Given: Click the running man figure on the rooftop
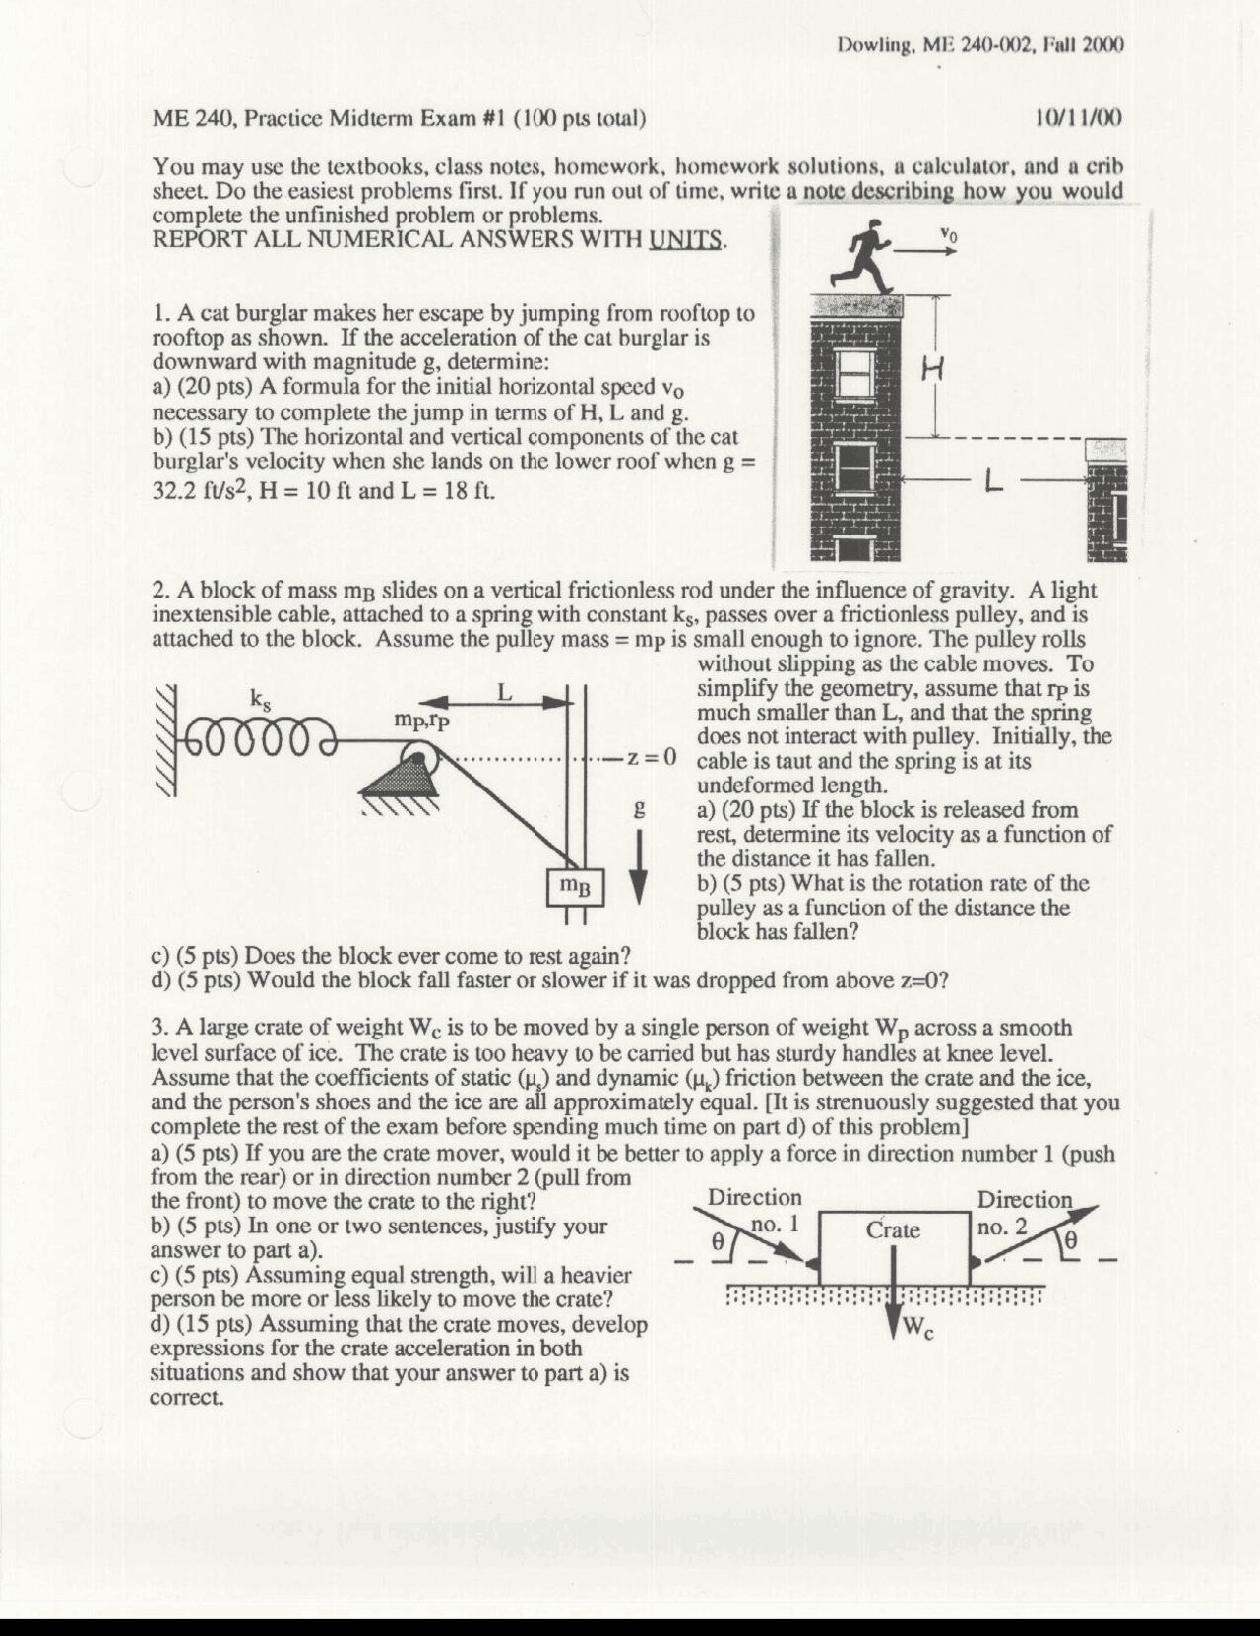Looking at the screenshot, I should click(x=864, y=258).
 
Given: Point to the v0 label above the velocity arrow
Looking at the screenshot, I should click(x=947, y=235).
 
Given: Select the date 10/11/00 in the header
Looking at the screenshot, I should click(x=1079, y=119).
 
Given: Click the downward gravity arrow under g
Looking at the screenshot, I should click(x=640, y=868).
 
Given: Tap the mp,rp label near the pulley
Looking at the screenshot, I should click(x=421, y=721).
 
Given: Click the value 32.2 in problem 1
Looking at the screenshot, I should click(x=172, y=490).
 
